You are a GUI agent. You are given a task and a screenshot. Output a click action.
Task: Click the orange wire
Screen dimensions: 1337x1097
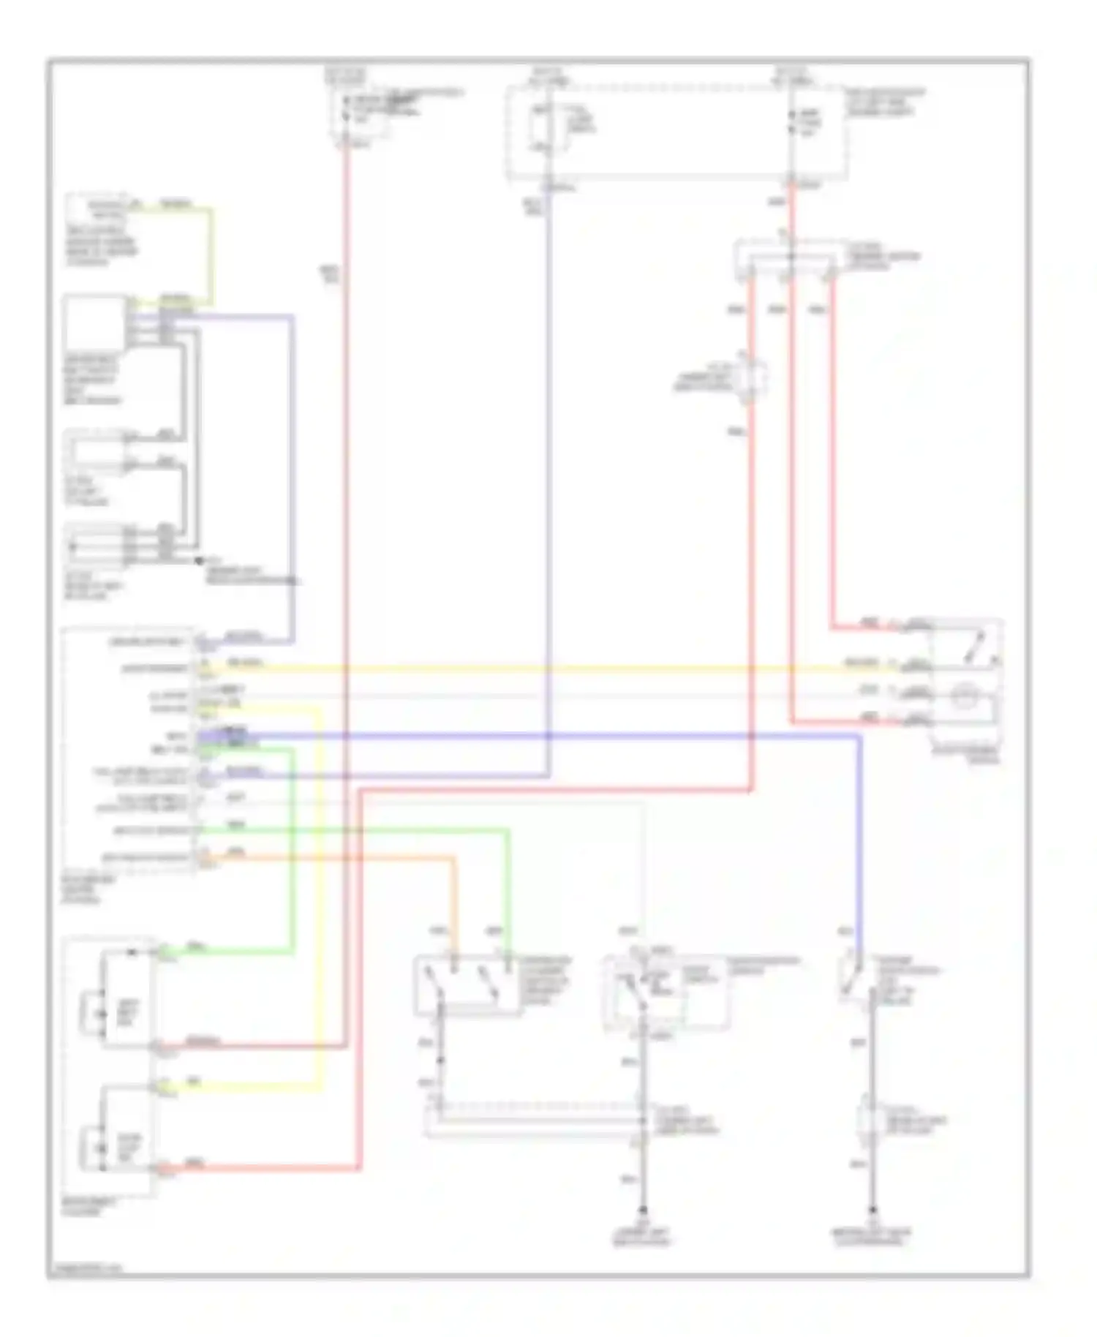tap(329, 857)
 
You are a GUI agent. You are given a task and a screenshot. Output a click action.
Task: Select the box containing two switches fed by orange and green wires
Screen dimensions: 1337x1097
tap(468, 985)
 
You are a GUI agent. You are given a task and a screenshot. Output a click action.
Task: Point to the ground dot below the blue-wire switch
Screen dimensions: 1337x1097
tap(872, 1210)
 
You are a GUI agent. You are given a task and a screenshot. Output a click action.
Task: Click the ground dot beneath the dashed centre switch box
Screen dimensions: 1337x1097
tap(643, 1210)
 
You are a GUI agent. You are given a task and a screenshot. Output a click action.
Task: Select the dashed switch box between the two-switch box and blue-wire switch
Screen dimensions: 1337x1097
tap(666, 993)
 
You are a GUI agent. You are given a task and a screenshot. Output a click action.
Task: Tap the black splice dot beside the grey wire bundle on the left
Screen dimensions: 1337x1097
tap(198, 561)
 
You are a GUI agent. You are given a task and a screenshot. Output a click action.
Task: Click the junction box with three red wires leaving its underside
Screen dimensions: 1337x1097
tap(786, 258)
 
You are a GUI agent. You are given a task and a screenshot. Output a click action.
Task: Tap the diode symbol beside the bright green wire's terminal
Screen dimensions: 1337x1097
tap(132, 953)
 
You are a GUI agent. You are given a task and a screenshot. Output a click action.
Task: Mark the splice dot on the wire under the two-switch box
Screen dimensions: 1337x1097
tap(440, 1061)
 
